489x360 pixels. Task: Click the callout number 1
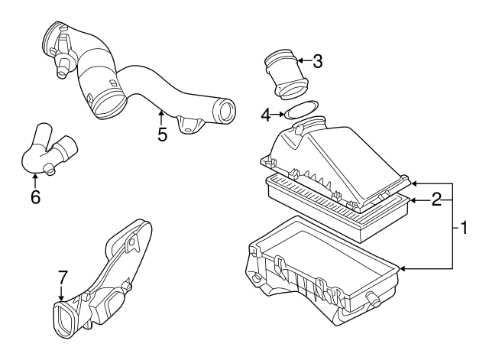coord(464,227)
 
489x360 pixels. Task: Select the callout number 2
coord(436,200)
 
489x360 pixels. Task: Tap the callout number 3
coord(317,61)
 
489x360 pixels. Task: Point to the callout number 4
coord(266,115)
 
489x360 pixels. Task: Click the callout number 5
coord(161,134)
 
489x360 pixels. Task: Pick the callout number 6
coord(35,196)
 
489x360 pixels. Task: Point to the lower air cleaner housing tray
coord(321,268)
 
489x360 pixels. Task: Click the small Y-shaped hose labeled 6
coord(47,153)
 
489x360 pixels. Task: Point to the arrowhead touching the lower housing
coord(403,268)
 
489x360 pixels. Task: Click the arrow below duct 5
coord(160,115)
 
